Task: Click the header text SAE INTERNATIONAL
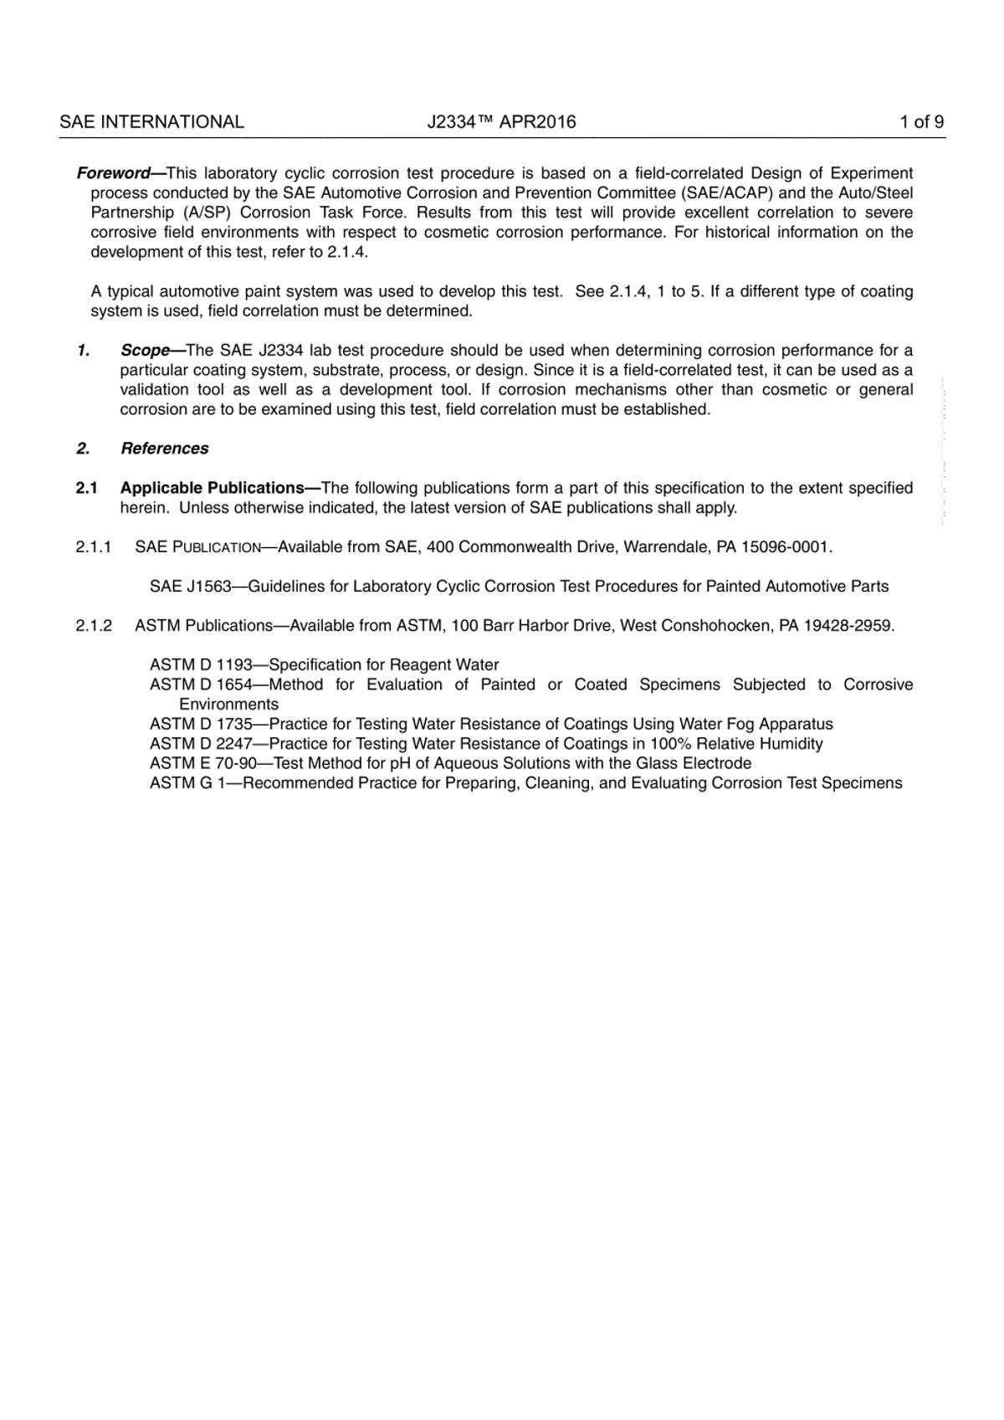click(151, 122)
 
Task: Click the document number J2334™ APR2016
click(501, 122)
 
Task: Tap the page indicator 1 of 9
click(922, 122)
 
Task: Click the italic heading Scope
click(146, 351)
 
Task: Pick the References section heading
click(164, 449)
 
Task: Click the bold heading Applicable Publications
click(213, 488)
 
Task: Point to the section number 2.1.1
click(94, 547)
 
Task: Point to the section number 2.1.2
click(94, 626)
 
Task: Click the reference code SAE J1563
click(190, 587)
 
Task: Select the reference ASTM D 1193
click(201, 665)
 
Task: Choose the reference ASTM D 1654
click(201, 685)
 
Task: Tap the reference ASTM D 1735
click(201, 725)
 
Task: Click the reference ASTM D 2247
click(201, 744)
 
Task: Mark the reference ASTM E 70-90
click(202, 764)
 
